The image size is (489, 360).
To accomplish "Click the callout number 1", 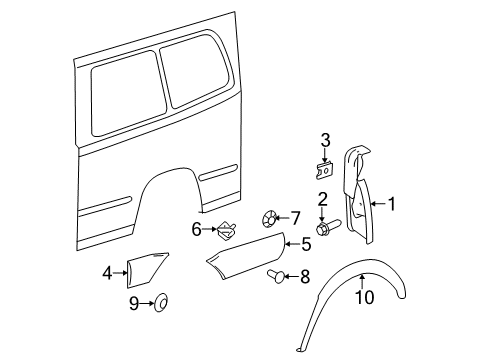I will (x=391, y=204).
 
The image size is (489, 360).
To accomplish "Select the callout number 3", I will (x=325, y=139).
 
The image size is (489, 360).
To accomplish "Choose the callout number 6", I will (x=197, y=229).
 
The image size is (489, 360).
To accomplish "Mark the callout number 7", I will (x=295, y=216).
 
